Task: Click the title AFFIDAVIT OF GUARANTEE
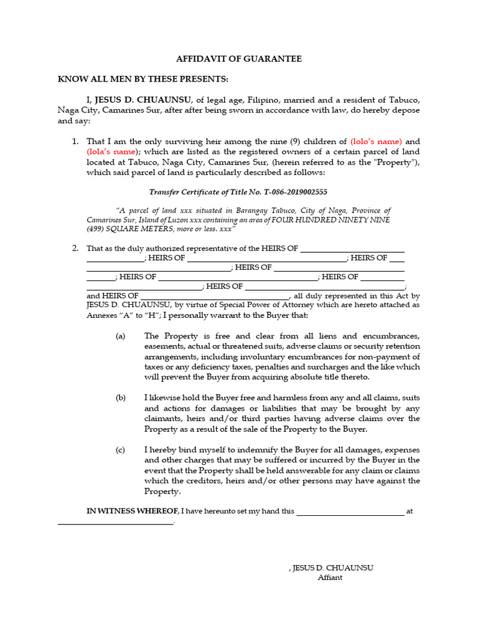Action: point(239,59)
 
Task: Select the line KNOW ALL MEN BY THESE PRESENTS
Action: point(143,79)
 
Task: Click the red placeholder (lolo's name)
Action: point(377,141)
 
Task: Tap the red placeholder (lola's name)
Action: point(111,151)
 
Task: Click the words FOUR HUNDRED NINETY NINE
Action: point(336,220)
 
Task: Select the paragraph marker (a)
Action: point(120,336)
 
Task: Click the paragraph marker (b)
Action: point(120,398)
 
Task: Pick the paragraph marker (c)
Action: point(120,450)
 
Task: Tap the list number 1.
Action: point(75,141)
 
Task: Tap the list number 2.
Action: point(75,248)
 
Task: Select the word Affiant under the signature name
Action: point(330,578)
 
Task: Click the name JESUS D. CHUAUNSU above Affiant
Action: point(333,568)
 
